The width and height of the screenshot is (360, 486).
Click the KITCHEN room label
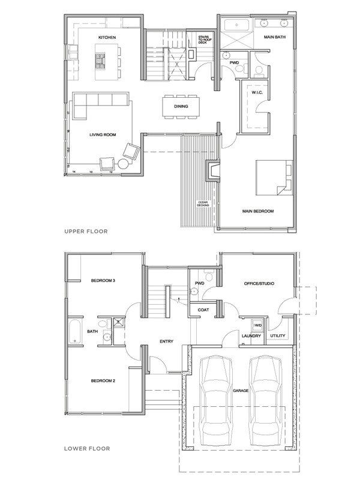click(107, 37)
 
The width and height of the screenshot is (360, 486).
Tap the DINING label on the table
click(181, 106)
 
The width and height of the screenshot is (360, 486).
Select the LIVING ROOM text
click(102, 135)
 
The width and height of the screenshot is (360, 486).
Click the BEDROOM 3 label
click(103, 281)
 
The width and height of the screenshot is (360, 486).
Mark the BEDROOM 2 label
click(103, 380)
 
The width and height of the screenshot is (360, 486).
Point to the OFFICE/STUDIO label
click(259, 282)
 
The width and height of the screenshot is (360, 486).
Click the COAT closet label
click(203, 310)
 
